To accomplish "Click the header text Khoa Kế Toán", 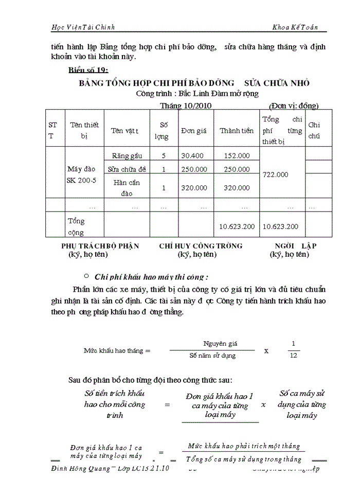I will [298, 26].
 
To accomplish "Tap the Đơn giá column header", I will [194, 131].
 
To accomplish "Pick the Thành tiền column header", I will [237, 131].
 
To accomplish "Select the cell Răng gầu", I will [127, 155].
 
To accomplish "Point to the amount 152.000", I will [237, 155].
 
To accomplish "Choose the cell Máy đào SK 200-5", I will [81, 174].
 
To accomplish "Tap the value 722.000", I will [275, 174].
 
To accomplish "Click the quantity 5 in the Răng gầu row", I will [164, 155].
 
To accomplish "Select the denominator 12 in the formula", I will [294, 355].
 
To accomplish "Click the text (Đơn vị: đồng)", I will [294, 106].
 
